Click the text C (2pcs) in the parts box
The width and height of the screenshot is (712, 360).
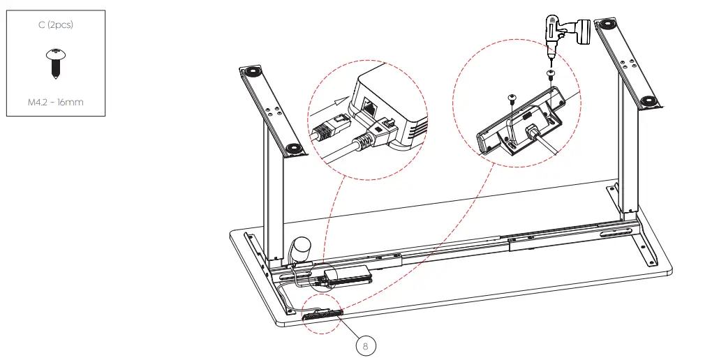point(55,25)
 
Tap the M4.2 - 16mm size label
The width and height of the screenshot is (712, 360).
point(55,102)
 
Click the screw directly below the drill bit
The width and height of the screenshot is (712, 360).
point(550,73)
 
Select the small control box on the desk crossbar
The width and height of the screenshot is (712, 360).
point(347,276)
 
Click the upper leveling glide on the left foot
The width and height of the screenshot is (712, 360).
point(250,71)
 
